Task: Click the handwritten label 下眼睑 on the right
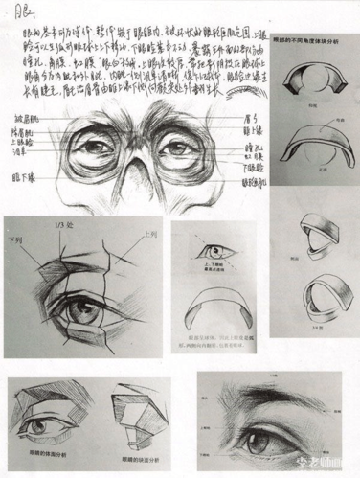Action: click(253, 159)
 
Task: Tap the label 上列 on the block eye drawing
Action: click(148, 233)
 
